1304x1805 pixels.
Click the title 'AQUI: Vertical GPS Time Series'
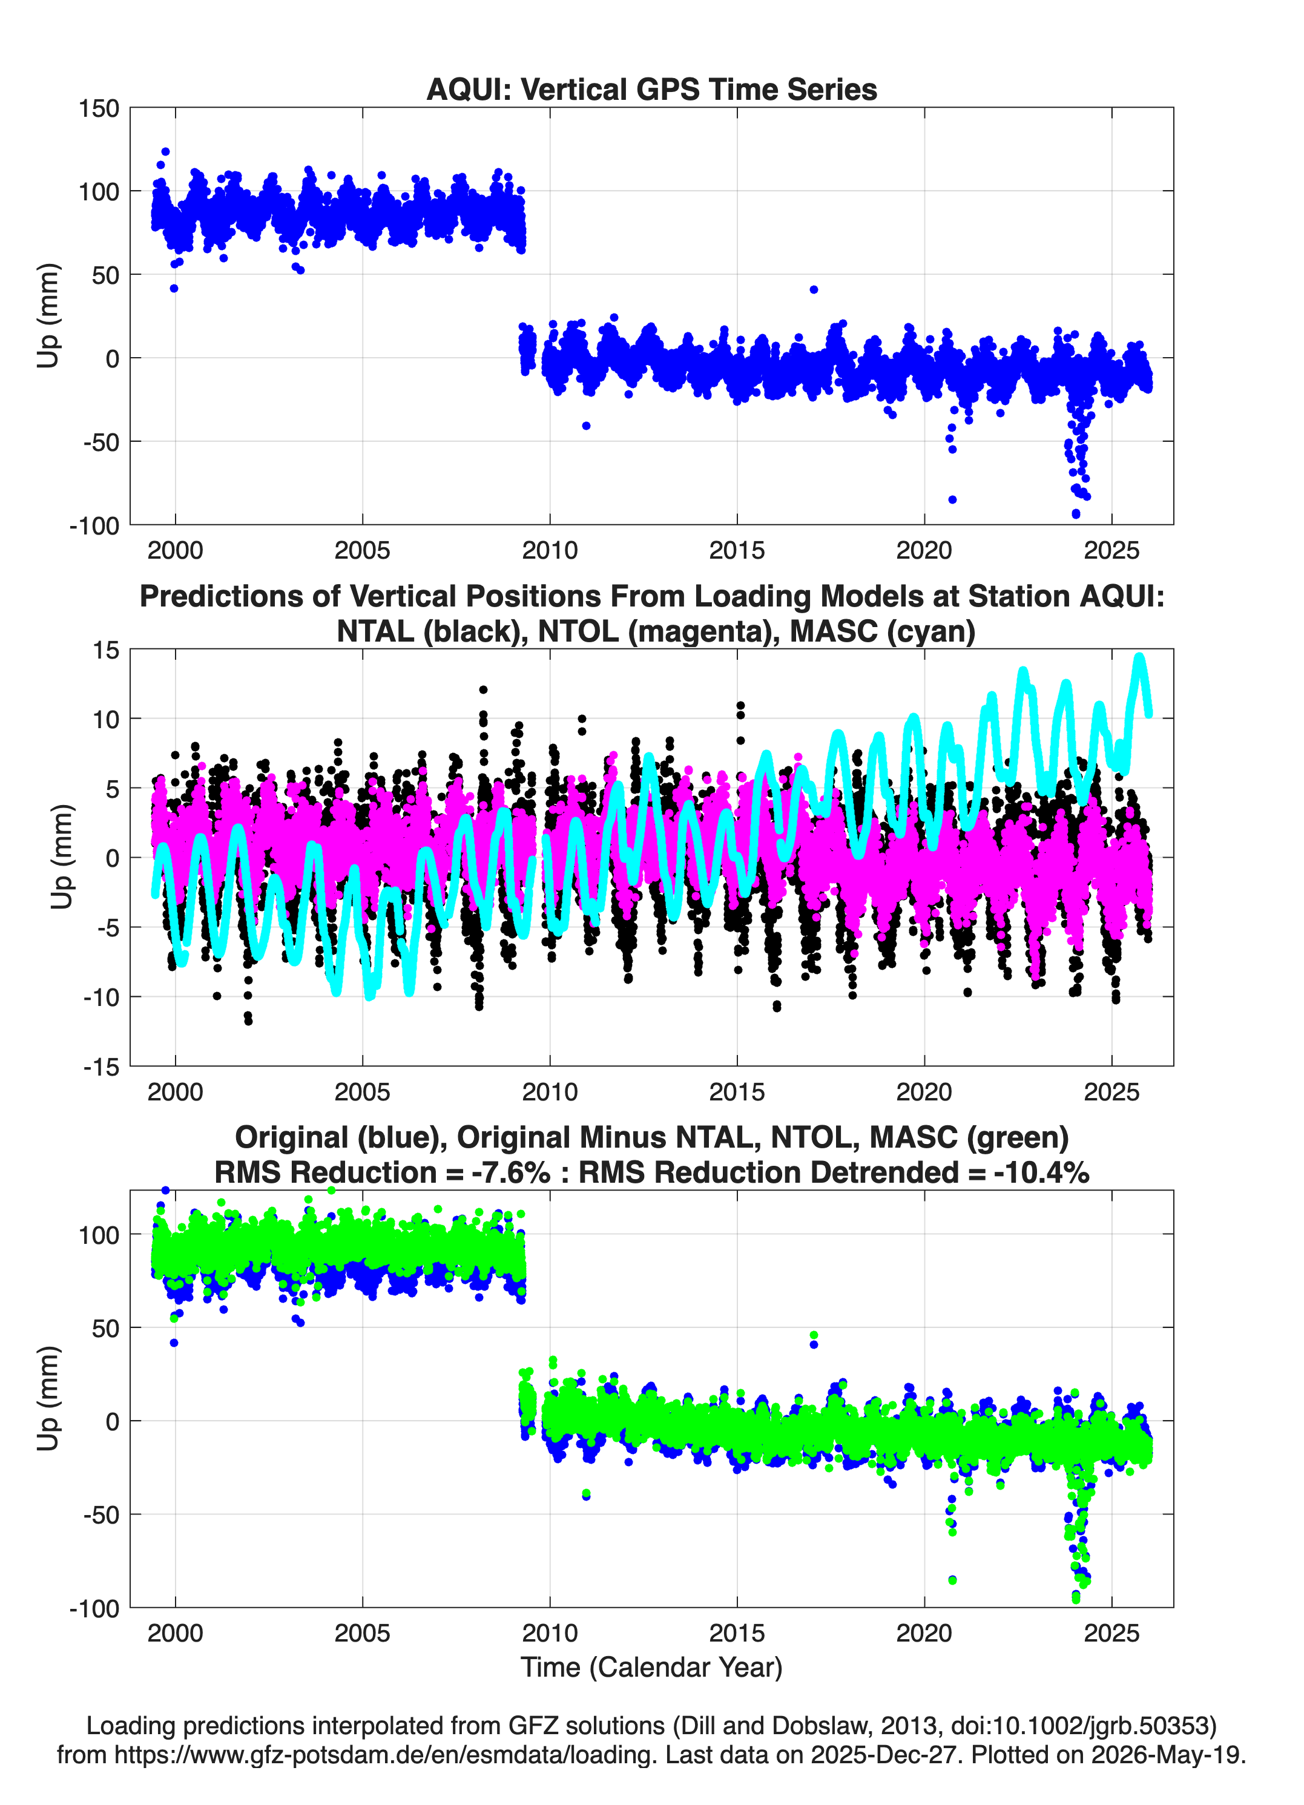point(651,89)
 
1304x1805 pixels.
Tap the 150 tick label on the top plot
point(99,108)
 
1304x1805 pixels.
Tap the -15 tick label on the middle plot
point(101,1067)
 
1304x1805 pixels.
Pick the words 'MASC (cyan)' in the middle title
point(883,631)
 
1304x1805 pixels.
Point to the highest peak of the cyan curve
point(1139,657)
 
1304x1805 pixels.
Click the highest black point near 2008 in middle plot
point(483,690)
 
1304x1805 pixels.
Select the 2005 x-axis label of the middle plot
point(362,1092)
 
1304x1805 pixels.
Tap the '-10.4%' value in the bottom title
point(1041,1172)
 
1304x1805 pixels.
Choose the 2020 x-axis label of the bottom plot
point(924,1633)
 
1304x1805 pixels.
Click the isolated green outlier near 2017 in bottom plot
point(814,1335)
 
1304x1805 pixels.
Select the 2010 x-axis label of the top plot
point(549,550)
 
